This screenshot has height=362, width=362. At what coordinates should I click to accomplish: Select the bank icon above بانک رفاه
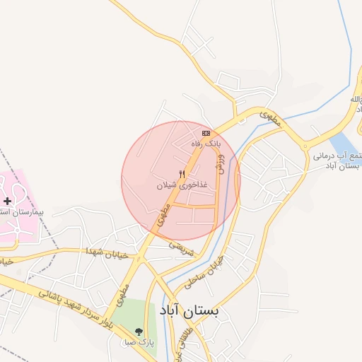click(206, 133)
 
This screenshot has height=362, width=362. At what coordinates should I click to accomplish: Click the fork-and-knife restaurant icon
click(182, 174)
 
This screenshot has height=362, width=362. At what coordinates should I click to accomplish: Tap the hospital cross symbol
click(7, 202)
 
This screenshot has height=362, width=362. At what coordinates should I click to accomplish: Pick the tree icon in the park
click(139, 331)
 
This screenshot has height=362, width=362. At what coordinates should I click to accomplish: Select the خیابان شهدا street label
click(107, 252)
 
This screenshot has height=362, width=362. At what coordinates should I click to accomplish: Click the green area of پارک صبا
click(131, 318)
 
